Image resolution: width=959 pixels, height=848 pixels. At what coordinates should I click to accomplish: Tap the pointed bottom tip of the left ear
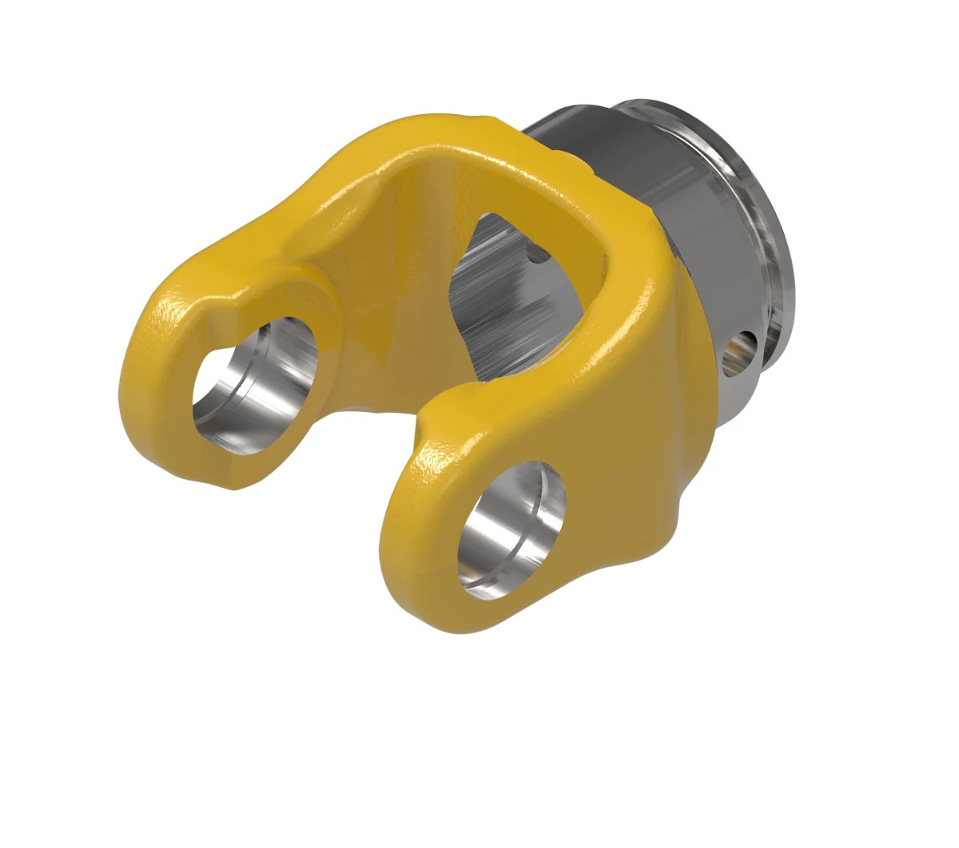[x=236, y=483]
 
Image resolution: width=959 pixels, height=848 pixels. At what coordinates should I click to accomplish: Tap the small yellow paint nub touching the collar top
[x=582, y=164]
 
